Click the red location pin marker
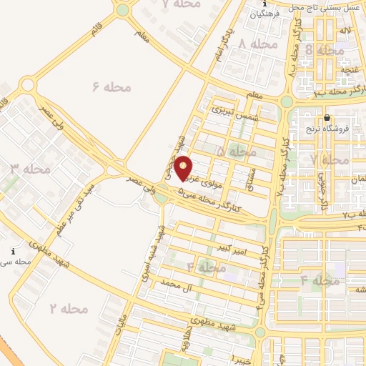click(x=184, y=167)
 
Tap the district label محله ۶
click(x=112, y=86)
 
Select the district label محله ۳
click(x=30, y=169)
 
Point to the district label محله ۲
click(x=69, y=308)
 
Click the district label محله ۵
click(x=236, y=152)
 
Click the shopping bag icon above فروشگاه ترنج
click(x=327, y=118)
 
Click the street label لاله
click(x=345, y=32)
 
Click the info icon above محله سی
click(x=13, y=252)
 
